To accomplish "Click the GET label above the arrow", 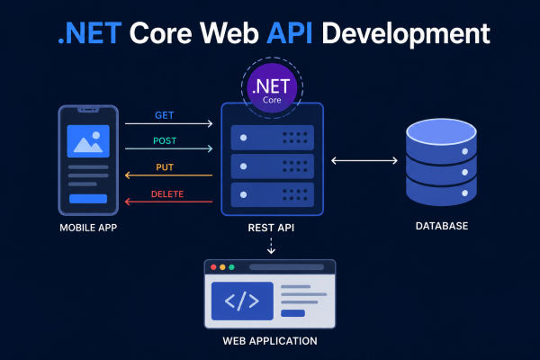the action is tap(165, 115).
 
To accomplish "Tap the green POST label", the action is tap(165, 140).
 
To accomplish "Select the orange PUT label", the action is tap(165, 167).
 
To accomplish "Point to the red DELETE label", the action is tap(167, 194).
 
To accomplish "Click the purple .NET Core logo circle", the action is tap(272, 88).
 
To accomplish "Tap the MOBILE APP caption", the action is tap(88, 228).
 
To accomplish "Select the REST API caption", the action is tap(271, 228).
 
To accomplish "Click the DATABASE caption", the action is tap(442, 226).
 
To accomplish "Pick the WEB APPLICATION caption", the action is tap(270, 341).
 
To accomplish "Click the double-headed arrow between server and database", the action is tap(364, 160).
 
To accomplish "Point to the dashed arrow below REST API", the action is tap(272, 246).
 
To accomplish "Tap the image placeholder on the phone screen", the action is tap(88, 141).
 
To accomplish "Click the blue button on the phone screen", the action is tap(88, 199).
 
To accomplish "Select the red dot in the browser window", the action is tap(213, 267).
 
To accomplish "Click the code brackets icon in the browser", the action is tap(242, 301).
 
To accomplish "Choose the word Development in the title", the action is tap(406, 34).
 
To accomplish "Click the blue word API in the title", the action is tap(289, 33).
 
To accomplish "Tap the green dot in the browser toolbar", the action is tap(232, 267).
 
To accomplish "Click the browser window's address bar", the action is tap(286, 267).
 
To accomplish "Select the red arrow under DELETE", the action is tap(169, 202).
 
